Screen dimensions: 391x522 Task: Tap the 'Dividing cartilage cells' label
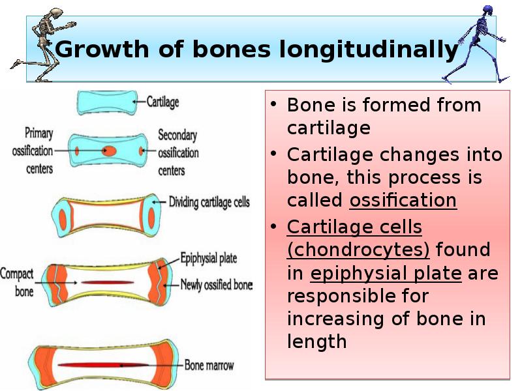coord(209,203)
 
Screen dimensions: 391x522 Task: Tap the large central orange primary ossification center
coord(110,151)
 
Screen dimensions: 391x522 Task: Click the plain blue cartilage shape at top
coord(104,102)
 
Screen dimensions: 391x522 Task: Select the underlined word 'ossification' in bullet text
coord(403,200)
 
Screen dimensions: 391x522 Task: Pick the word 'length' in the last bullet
coord(316,341)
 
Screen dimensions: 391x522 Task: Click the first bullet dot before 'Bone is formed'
coord(275,105)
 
